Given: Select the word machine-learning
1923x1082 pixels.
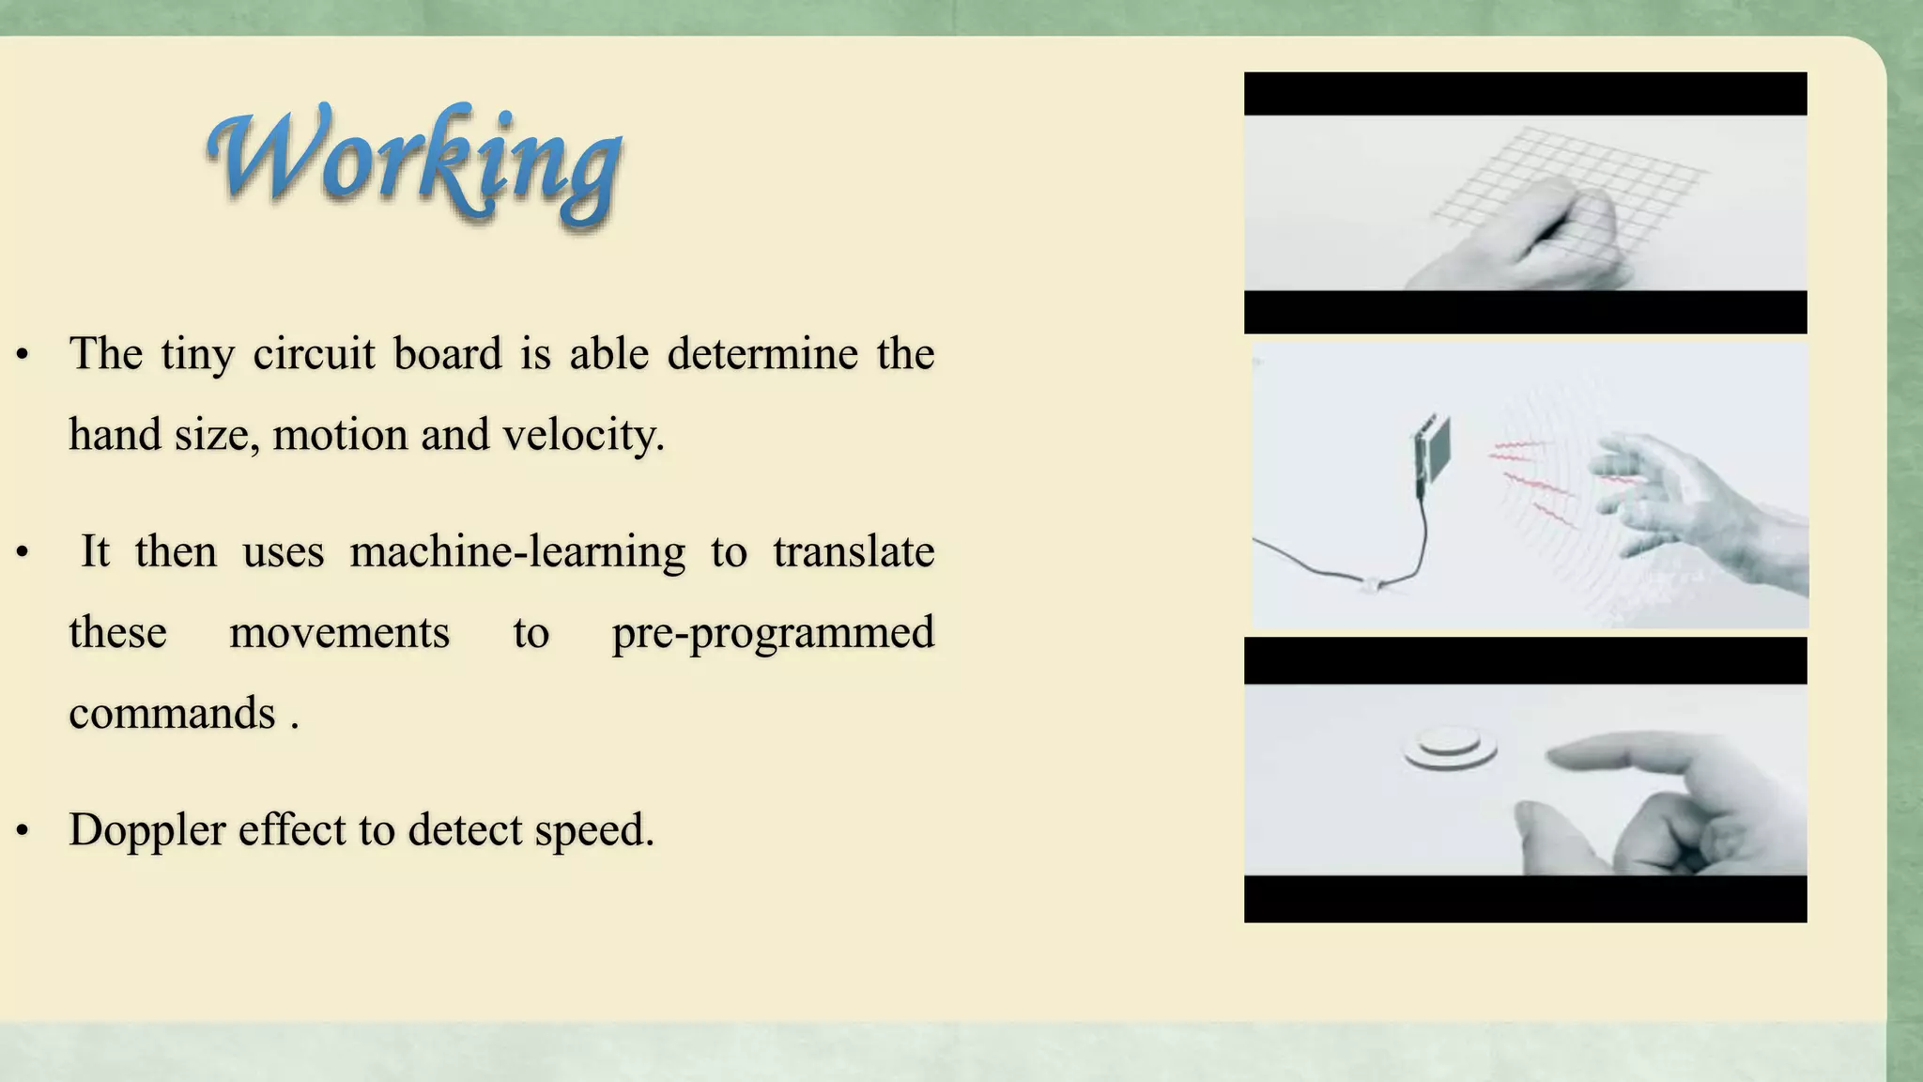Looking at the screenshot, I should click(x=517, y=552).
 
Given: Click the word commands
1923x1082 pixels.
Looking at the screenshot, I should click(x=173, y=714).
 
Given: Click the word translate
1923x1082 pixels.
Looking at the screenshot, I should click(x=853, y=552).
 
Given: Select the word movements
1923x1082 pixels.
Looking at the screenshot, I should click(x=339, y=633).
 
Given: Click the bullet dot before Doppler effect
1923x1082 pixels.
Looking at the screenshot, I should click(x=23, y=831).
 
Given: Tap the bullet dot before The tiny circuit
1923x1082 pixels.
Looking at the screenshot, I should click(x=23, y=356).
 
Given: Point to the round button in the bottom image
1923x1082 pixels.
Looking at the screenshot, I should click(x=1450, y=749).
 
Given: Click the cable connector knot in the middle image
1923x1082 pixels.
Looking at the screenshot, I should click(x=1373, y=585).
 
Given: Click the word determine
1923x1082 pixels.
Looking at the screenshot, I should click(x=762, y=355).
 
